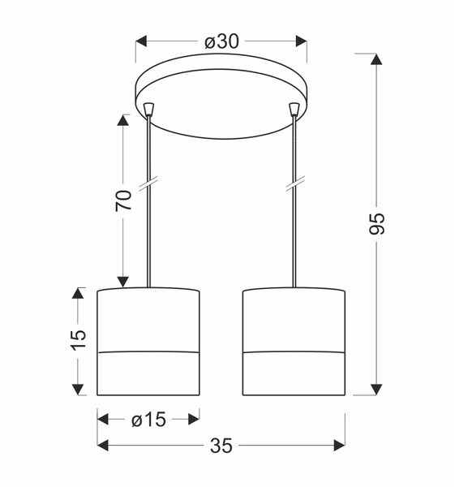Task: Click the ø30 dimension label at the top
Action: [x=221, y=41]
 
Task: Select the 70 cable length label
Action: [x=123, y=200]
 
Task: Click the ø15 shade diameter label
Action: [x=148, y=419]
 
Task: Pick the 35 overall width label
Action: [x=221, y=445]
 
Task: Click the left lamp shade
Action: [x=148, y=341]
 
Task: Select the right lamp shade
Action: [x=294, y=341]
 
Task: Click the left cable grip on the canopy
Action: [x=148, y=108]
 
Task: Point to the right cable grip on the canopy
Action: [x=294, y=108]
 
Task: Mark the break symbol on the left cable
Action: [x=148, y=184]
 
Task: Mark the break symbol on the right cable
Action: [x=294, y=184]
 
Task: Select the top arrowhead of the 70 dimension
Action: [x=123, y=120]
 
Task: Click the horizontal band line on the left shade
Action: [x=148, y=353]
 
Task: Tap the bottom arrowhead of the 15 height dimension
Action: [x=78, y=390]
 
